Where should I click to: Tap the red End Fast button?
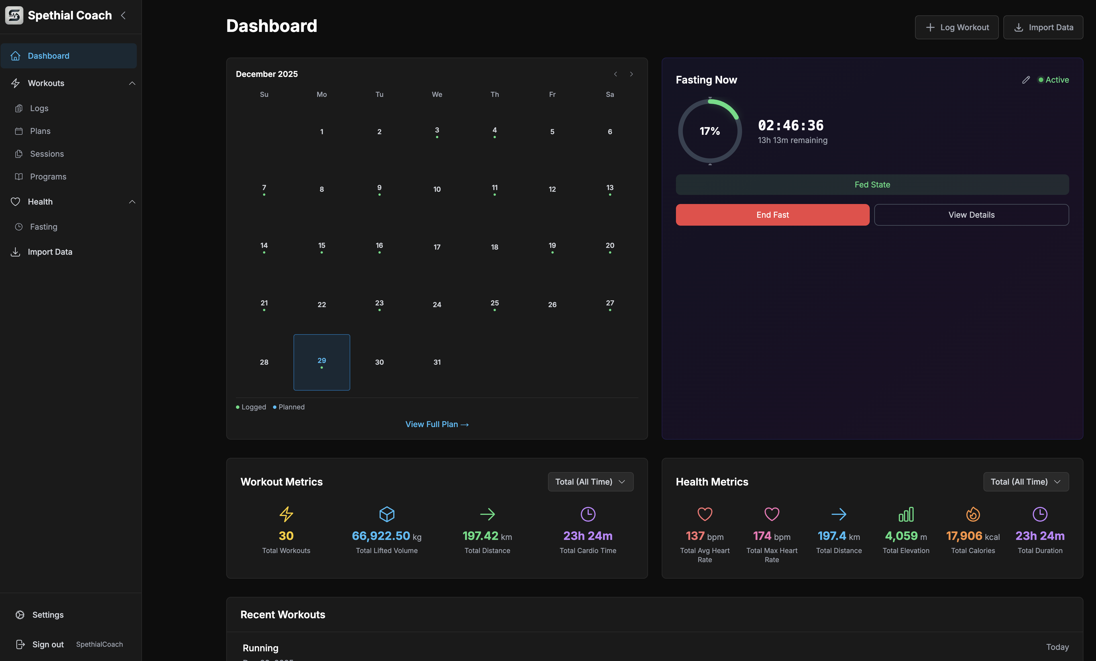(772, 215)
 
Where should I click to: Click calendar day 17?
(437, 247)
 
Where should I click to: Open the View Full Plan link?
(437, 424)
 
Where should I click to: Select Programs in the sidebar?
(48, 177)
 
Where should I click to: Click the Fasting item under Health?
(44, 227)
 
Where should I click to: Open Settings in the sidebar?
(48, 615)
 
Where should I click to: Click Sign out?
(48, 644)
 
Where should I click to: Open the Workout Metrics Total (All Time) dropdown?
(590, 482)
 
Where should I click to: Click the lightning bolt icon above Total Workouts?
(286, 514)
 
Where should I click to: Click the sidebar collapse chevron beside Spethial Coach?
(123, 16)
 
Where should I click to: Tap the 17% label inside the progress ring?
(710, 131)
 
